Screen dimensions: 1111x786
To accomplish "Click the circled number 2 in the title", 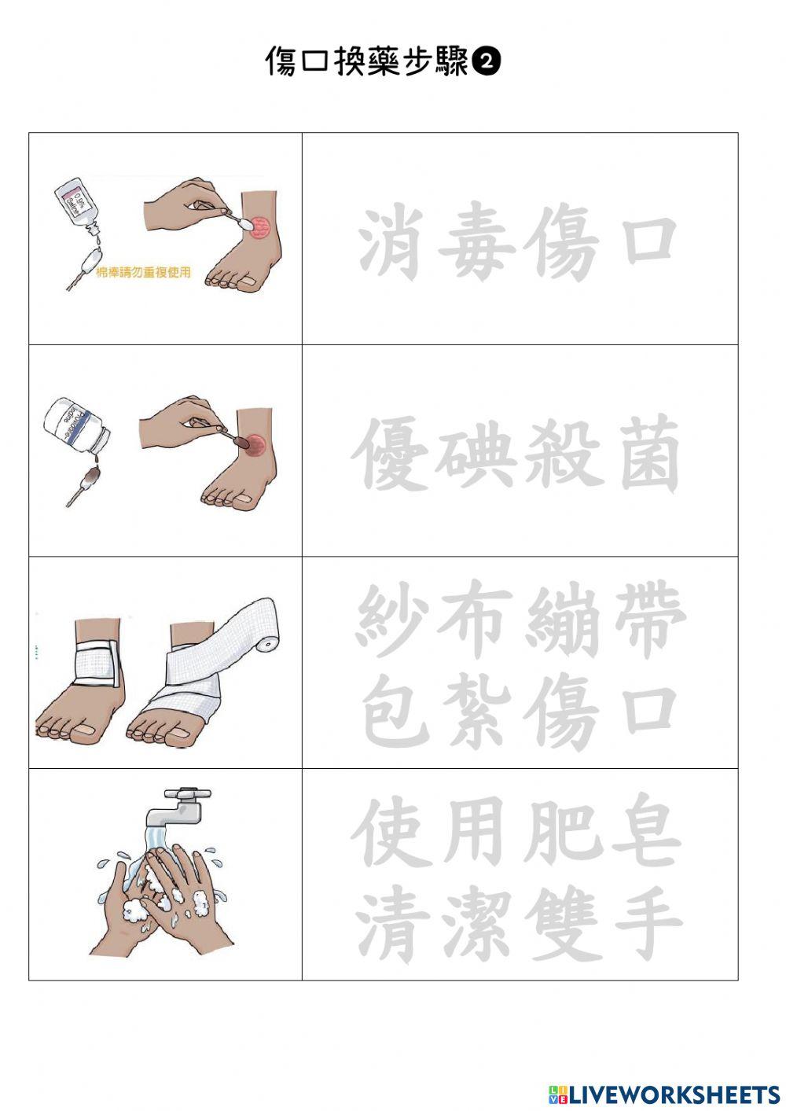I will (487, 62).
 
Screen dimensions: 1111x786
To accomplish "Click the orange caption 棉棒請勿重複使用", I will (143, 273).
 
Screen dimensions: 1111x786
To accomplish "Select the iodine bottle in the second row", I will (75, 427).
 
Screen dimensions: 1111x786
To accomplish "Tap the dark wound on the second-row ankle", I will (255, 443).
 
